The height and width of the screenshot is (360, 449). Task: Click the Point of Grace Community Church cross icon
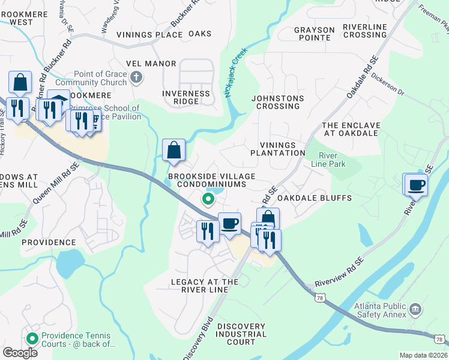point(136,76)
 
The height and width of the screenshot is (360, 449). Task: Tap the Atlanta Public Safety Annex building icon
point(415,310)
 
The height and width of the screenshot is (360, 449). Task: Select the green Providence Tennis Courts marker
point(32,337)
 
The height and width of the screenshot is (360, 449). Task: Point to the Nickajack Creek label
point(236,73)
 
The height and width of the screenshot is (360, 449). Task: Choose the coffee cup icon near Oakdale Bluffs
point(415,184)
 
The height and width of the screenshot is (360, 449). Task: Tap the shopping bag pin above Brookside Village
point(173,150)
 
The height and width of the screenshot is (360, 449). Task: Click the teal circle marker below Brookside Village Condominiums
point(209,199)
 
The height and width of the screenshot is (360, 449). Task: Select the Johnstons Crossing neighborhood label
point(277,102)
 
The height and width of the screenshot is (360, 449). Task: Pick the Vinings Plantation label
point(282,149)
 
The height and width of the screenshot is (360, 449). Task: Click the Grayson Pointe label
point(314,34)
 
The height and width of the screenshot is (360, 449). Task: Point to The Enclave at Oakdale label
point(351,129)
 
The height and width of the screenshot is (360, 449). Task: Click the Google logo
point(20,353)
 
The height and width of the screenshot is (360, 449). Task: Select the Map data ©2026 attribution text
point(423,355)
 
